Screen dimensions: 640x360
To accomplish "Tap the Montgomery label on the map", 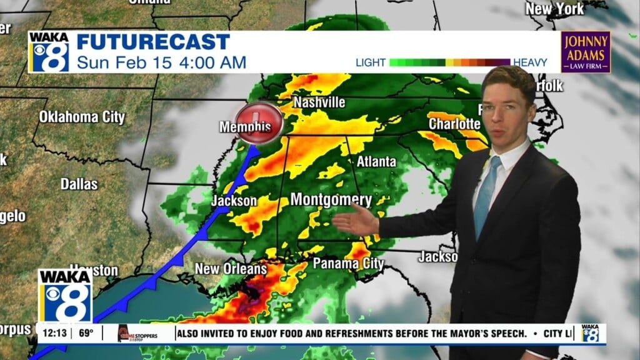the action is tap(331, 200).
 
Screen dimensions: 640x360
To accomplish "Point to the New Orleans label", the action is tap(231, 269).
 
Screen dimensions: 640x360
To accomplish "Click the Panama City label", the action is tap(348, 263).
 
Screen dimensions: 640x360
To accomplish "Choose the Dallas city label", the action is tap(79, 184).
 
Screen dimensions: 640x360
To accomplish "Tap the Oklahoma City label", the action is tap(82, 117).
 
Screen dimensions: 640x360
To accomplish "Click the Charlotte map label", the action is tap(454, 124).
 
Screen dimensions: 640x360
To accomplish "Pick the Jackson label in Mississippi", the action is tap(234, 201).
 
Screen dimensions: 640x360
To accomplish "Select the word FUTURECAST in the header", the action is tap(153, 42).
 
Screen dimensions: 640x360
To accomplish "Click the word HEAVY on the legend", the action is tap(530, 62).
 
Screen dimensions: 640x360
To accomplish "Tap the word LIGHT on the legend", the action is tap(371, 62).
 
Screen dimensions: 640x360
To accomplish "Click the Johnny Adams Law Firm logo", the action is tap(585, 52).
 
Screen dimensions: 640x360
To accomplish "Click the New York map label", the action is tap(554, 9).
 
